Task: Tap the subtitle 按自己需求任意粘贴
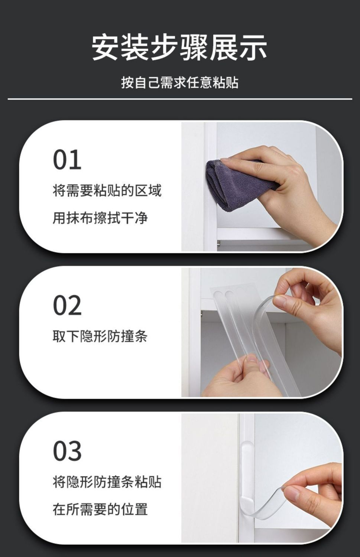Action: tap(179, 82)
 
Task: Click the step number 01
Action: tap(67, 160)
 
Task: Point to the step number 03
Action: tap(67, 450)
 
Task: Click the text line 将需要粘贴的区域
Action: tap(107, 191)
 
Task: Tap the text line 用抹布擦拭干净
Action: tap(100, 218)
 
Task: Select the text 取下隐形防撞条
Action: tap(100, 336)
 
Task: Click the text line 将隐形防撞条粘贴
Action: tap(107, 482)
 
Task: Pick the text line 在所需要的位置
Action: tap(100, 509)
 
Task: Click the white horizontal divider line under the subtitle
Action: tap(180, 99)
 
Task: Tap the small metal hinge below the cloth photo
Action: tap(219, 243)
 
